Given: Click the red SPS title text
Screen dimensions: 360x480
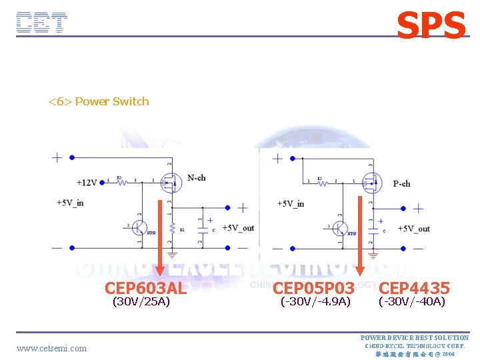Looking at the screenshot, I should pos(431,26).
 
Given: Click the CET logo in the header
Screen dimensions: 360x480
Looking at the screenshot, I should pos(41,23).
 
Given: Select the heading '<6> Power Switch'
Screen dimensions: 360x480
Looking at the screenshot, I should pos(99,101).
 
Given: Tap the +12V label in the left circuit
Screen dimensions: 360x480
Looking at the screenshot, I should pos(87,182).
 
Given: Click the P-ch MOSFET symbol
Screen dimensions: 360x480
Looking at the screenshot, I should pos(371,181).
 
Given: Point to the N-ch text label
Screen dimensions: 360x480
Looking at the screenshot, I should pos(196,178).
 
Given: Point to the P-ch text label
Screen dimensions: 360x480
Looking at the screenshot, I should pos(401,183).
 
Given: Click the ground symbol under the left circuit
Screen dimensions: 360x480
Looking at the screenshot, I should pos(173,253).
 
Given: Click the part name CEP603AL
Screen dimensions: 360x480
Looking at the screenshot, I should pos(145,288).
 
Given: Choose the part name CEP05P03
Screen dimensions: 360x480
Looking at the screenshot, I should pos(313,288).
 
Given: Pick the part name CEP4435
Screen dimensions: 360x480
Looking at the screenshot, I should pos(414,288).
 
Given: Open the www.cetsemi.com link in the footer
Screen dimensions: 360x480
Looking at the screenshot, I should pos(51,347).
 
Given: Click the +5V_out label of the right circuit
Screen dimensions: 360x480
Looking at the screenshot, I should pos(413,229).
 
